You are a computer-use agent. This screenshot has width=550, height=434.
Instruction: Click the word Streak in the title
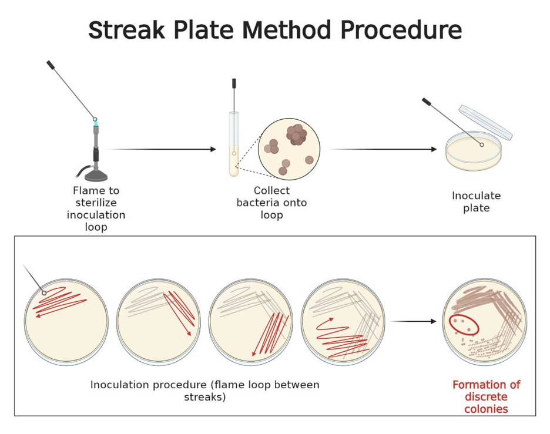[x=126, y=30]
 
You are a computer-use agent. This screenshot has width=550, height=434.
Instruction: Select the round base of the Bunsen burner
[x=96, y=175]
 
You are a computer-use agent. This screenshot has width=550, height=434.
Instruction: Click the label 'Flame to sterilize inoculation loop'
[x=96, y=208]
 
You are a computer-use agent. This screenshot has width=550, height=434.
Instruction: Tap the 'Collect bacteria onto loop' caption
[x=271, y=203]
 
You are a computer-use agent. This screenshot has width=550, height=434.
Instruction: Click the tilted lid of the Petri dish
[x=486, y=122]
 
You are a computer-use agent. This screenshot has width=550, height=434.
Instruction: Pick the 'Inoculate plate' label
[x=476, y=201]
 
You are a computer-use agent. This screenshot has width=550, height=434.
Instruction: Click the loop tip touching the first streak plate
[x=43, y=292]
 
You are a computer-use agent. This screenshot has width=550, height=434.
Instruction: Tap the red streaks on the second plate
[x=179, y=311]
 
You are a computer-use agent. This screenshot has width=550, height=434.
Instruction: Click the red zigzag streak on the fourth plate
[x=341, y=338]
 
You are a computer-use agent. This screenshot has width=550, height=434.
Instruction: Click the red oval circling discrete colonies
[x=464, y=325]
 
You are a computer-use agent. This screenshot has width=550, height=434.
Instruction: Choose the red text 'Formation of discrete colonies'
[x=486, y=396]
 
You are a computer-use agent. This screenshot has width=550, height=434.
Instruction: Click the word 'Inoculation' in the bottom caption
[x=121, y=385]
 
